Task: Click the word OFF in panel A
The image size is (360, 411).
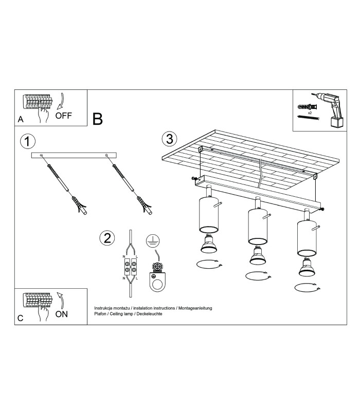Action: coord(63,116)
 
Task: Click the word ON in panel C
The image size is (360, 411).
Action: coord(62,314)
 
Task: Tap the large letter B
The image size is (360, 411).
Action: coord(97,119)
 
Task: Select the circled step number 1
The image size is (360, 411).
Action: coord(28,142)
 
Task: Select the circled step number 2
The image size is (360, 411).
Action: coord(107,238)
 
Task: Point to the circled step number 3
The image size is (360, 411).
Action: coord(169,139)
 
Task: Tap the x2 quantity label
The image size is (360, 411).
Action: coord(310,113)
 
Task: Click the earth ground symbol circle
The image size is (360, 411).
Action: coord(153,241)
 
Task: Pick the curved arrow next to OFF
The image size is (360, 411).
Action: coord(61,101)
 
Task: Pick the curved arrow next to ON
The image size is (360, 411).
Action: coord(61,301)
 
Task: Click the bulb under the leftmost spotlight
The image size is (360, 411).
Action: coord(209,244)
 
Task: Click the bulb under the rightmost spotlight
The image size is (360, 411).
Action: coord(307,267)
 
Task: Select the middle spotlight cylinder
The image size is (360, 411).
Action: coord(258,226)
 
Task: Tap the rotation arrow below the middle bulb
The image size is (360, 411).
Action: coord(259,276)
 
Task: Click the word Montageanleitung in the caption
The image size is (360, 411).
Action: coord(195,308)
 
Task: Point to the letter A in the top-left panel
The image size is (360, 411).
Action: coord(21,119)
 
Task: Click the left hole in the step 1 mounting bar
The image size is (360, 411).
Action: coord(41,156)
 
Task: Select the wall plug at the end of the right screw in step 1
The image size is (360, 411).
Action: coord(145,206)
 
